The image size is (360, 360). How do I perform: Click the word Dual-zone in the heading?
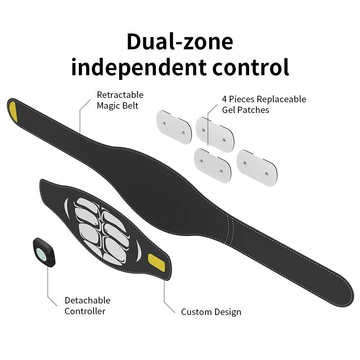tap(180, 41)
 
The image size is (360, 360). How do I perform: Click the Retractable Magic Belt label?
tap(120, 100)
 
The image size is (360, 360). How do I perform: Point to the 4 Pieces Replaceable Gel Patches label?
tap(264, 104)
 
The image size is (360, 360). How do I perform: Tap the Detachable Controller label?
tap(87, 306)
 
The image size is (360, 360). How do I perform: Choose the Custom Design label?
tap(211, 312)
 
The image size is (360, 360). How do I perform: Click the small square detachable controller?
tap(44, 252)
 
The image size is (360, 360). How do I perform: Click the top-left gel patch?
tap(174, 127)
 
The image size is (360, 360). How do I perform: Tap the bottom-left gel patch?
tap(212, 166)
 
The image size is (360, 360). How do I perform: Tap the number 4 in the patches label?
tap(224, 99)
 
